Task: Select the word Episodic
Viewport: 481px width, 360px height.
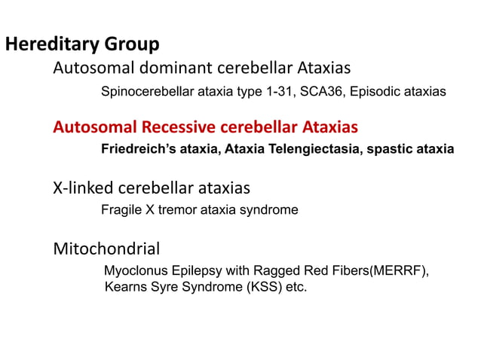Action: pos(374,92)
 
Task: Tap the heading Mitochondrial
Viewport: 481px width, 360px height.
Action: pos(106,248)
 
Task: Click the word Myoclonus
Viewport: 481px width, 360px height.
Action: pos(132,271)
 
